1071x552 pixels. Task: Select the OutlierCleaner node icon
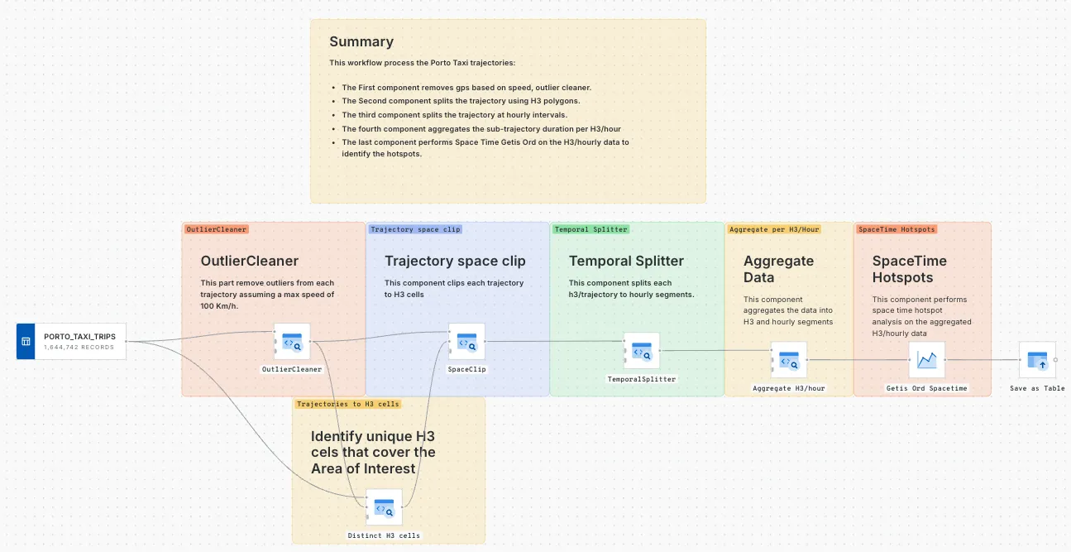click(291, 341)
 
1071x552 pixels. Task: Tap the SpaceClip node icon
click(466, 341)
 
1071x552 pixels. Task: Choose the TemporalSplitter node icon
click(642, 351)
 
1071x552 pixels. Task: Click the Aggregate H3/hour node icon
click(789, 359)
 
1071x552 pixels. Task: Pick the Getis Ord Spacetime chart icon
click(926, 359)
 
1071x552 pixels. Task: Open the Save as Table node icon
click(1037, 359)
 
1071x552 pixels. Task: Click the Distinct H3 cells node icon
click(384, 506)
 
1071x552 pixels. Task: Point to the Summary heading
click(361, 42)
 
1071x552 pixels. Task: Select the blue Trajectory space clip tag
click(415, 229)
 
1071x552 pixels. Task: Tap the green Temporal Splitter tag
click(590, 229)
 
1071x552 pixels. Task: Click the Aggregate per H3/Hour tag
click(774, 229)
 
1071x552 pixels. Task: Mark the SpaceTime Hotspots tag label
click(896, 229)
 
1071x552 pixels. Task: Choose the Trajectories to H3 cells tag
click(348, 404)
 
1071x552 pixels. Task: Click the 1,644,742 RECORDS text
click(79, 347)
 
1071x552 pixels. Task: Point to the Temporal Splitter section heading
click(626, 261)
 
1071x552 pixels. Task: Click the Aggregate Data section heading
click(778, 269)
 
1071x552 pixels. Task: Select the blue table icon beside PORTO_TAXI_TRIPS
click(26, 341)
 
